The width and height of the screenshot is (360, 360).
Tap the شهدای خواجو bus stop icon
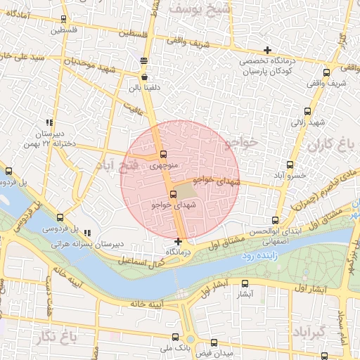click(173, 194)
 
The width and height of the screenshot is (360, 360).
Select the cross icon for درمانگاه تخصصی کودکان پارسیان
click(266, 50)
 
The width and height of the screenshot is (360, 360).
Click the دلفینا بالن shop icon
click(144, 77)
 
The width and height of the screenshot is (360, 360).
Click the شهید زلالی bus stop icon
click(306, 111)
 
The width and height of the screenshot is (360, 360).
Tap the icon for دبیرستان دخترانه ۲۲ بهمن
click(49, 122)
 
